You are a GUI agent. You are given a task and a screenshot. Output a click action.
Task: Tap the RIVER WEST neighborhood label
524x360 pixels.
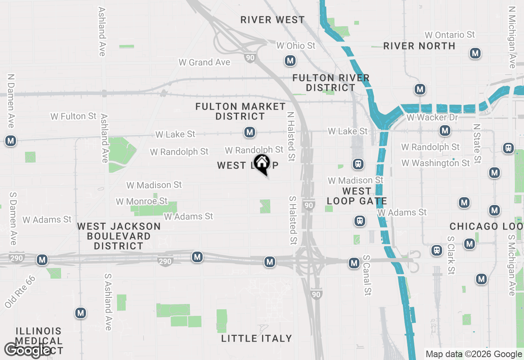pyautogui.click(x=272, y=20)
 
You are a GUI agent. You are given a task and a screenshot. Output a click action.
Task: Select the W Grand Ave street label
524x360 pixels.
pyautogui.click(x=204, y=62)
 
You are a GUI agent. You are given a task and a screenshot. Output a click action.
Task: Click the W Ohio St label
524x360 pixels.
pyautogui.click(x=296, y=45)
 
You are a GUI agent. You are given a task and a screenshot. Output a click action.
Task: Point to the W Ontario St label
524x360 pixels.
pyautogui.click(x=449, y=35)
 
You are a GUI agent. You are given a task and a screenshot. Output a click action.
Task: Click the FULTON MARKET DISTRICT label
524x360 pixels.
pyautogui.click(x=240, y=111)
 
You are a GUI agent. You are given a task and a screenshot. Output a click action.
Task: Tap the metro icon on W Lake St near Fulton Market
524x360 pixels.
pyautogui.click(x=250, y=132)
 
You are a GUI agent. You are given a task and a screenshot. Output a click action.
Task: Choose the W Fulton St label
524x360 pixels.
pyautogui.click(x=73, y=117)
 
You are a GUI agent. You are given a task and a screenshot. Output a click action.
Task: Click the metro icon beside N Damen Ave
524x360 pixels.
pyautogui.click(x=11, y=141)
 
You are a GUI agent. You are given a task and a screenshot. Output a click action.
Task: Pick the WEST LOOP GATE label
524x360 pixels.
pyautogui.click(x=357, y=196)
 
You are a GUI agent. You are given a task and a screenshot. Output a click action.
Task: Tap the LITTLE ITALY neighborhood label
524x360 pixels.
pyautogui.click(x=256, y=338)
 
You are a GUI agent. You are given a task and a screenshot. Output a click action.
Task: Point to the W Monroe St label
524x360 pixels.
pyautogui.click(x=142, y=201)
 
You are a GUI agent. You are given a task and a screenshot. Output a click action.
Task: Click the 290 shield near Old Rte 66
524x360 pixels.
pyautogui.click(x=17, y=258)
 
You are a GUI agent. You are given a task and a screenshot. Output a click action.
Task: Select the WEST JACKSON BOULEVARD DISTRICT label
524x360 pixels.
pyautogui.click(x=119, y=236)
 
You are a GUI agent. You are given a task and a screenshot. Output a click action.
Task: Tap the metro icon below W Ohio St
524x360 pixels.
pyautogui.click(x=290, y=61)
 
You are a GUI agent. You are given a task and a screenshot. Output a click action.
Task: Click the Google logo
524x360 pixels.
pyautogui.click(x=27, y=350)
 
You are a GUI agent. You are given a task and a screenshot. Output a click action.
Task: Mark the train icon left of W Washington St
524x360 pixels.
pyautogui.click(x=358, y=164)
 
